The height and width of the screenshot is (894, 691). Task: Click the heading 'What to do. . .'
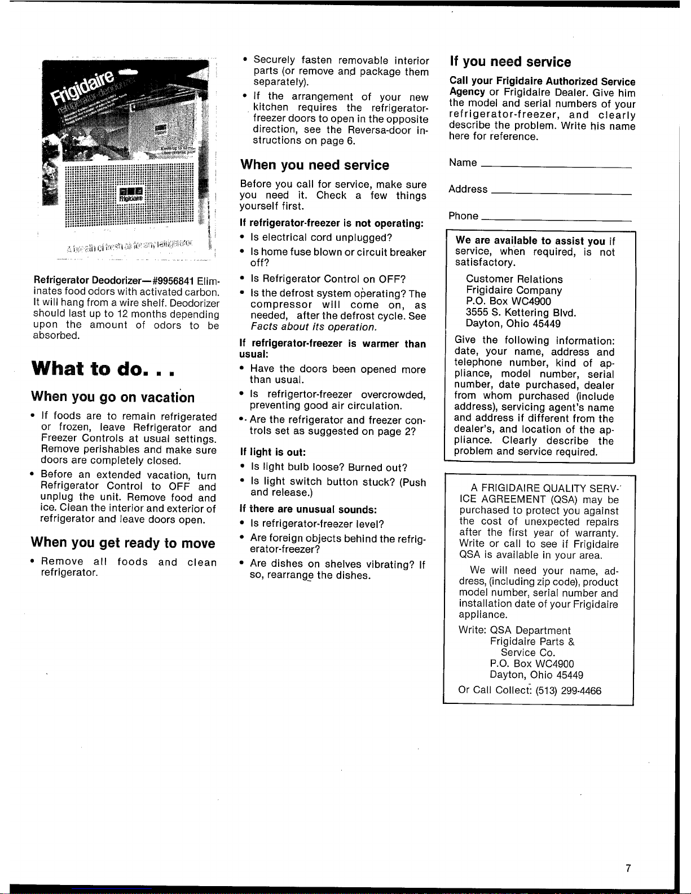click(x=104, y=369)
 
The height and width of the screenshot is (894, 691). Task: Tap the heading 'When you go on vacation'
click(x=113, y=397)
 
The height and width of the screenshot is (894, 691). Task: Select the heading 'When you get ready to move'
click(x=123, y=543)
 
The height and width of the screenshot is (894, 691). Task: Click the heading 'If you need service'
click(x=510, y=62)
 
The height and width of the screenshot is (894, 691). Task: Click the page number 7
click(x=628, y=869)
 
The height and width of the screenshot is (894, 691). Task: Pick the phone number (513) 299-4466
click(x=568, y=690)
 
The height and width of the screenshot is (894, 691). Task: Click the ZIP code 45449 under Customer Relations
click(x=545, y=324)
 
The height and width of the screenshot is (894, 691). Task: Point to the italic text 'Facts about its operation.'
click(x=314, y=327)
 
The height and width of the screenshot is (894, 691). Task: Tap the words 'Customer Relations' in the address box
click(x=514, y=279)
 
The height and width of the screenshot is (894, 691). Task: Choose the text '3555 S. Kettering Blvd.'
click(x=521, y=312)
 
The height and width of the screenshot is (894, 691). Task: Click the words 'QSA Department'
click(x=530, y=630)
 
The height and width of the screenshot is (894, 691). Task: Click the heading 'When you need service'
click(x=314, y=165)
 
